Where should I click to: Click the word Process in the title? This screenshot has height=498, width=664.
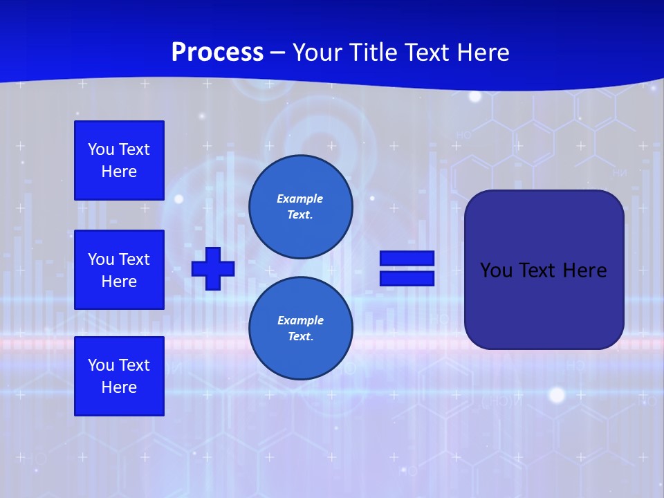coord(217,53)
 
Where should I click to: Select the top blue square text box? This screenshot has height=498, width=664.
coord(119,160)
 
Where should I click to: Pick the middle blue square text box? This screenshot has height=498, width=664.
coord(119,270)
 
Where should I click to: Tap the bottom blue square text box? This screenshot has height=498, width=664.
coord(119,376)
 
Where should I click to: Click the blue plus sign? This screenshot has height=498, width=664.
coord(213,268)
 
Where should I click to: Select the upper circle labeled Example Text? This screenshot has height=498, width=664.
coord(300,206)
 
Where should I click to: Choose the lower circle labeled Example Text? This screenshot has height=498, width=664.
coord(300,328)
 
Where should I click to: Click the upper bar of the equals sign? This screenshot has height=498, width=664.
coord(407,259)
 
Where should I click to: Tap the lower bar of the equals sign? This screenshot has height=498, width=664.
coord(407,279)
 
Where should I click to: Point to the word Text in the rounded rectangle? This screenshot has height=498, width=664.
coord(542,270)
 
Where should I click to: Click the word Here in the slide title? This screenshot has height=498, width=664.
coord(482,53)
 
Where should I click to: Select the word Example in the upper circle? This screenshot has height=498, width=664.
coord(299,199)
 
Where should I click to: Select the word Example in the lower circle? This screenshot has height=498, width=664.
coord(300,320)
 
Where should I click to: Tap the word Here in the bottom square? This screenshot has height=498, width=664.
coord(119,387)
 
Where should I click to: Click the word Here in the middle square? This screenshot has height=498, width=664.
coord(119,282)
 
